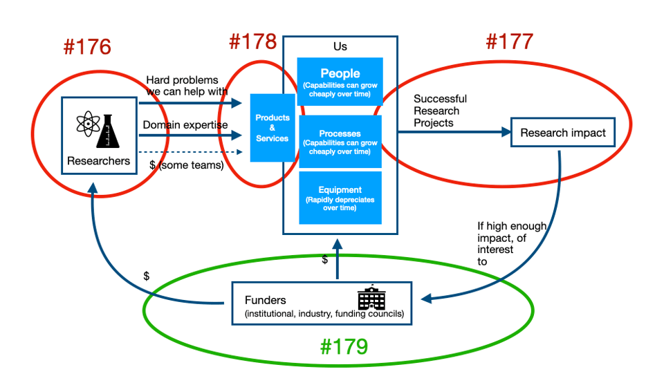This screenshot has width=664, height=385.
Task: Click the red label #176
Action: pyautogui.click(x=87, y=47)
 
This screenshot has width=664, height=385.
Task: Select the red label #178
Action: pyautogui.click(x=252, y=42)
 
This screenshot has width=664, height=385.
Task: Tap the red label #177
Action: pyautogui.click(x=509, y=41)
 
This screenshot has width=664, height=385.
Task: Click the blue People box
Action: pyautogui.click(x=340, y=80)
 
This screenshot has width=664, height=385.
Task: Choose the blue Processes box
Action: pyautogui.click(x=340, y=141)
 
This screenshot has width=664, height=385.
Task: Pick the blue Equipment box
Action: pyautogui.click(x=340, y=198)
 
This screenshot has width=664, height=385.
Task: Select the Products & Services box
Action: pyautogui.click(x=273, y=128)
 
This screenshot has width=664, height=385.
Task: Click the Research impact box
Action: pyautogui.click(x=562, y=133)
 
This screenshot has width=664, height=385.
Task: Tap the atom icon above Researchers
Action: pyautogui.click(x=86, y=125)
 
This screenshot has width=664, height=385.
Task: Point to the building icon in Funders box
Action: pyautogui.click(x=371, y=298)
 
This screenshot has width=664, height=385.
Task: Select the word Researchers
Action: pyautogui.click(x=98, y=161)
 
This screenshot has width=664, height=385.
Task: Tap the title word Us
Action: pyautogui.click(x=340, y=46)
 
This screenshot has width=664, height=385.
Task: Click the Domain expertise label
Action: pyautogui.click(x=185, y=124)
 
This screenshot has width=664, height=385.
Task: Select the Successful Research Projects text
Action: pyautogui.click(x=440, y=111)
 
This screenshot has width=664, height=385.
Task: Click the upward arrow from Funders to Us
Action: pyautogui.click(x=338, y=259)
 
